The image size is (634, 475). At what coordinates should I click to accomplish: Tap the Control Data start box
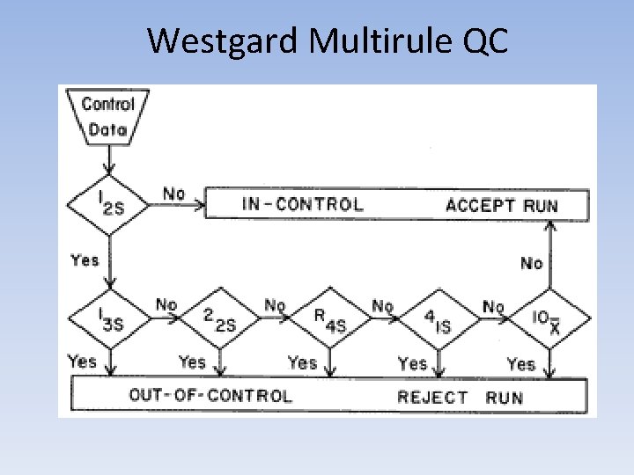click(x=107, y=118)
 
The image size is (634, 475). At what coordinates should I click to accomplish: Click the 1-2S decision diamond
click(x=108, y=204)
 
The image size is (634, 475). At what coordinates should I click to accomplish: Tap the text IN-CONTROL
click(x=302, y=205)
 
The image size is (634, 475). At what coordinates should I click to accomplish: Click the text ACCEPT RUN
click(x=502, y=206)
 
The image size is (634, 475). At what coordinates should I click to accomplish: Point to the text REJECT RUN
click(x=460, y=396)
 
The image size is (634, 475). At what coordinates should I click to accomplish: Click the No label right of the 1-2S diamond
click(x=174, y=193)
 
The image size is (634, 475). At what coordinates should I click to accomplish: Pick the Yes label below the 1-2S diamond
click(x=85, y=259)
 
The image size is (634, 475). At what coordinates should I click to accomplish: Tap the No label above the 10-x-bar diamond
click(x=532, y=262)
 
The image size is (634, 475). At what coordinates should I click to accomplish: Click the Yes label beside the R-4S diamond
click(x=302, y=362)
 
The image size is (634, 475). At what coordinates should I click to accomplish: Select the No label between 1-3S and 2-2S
click(x=166, y=304)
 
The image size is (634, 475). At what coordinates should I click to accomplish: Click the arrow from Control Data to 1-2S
click(x=108, y=159)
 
